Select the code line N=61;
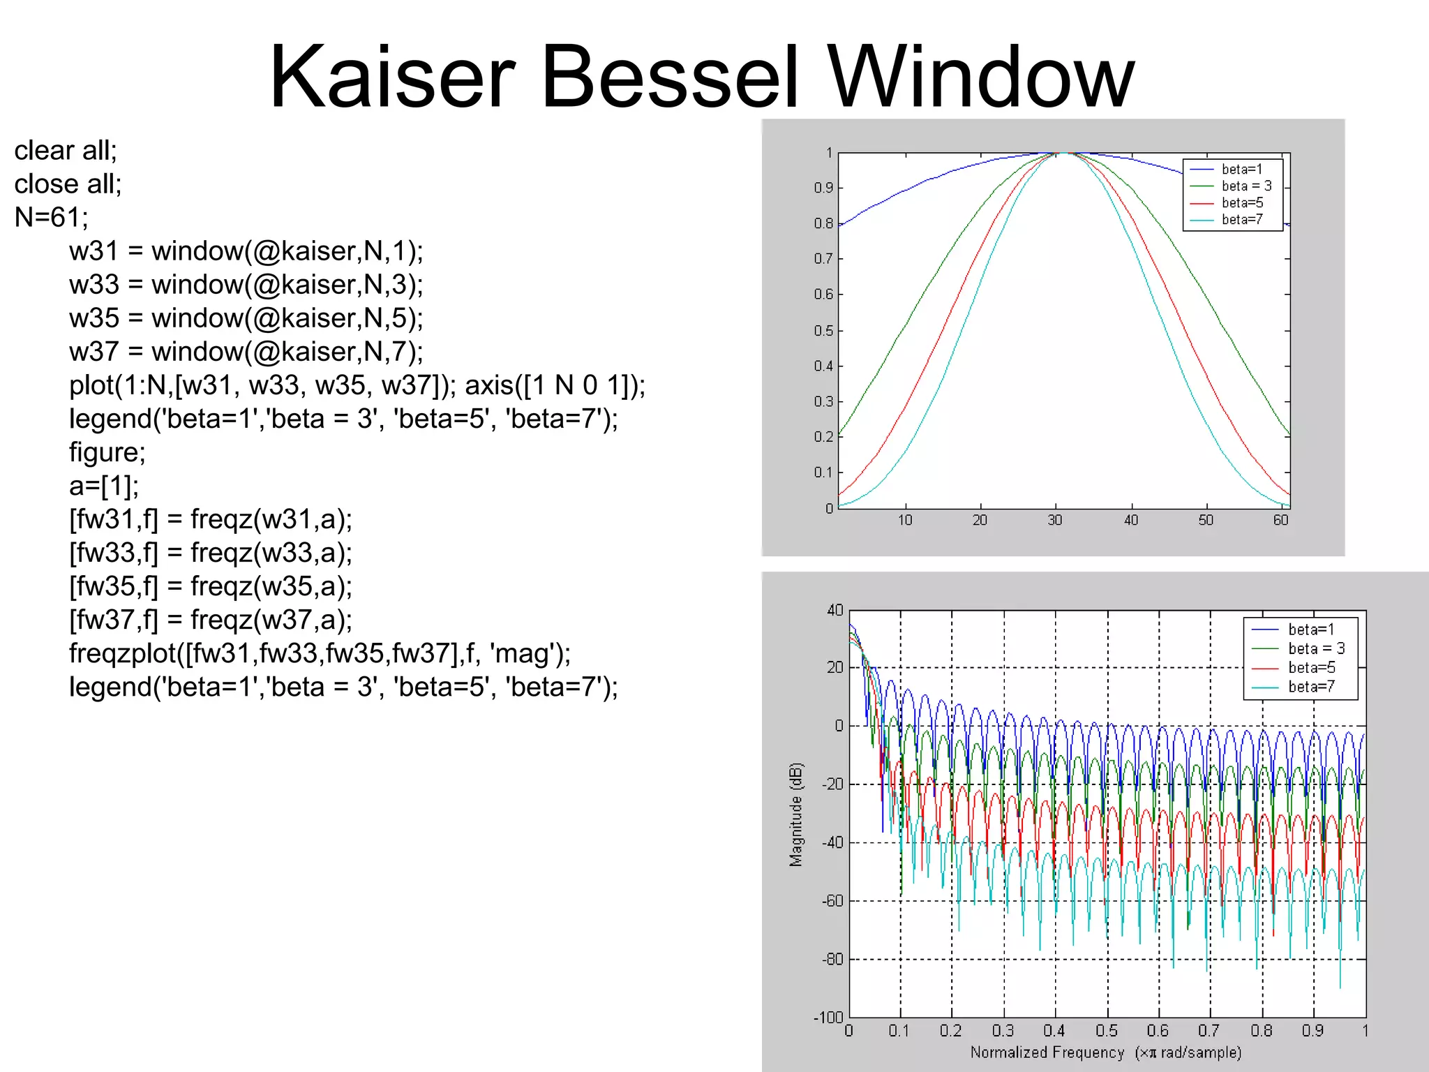tap(52, 218)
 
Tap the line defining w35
tap(246, 318)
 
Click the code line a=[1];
tap(104, 486)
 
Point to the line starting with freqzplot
tap(320, 653)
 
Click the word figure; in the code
tap(107, 452)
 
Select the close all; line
tap(68, 184)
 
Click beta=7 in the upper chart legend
tap(1242, 220)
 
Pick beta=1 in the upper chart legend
tap(1242, 170)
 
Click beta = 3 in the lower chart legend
tap(1316, 648)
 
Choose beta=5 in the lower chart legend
tap(1311, 668)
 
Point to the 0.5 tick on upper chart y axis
tap(823, 331)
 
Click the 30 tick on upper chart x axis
tap(1055, 520)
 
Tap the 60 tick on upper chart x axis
tap(1280, 520)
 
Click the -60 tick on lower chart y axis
tap(832, 901)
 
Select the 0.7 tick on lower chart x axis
tap(1209, 1031)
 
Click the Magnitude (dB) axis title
tap(796, 814)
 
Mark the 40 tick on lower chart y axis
tap(835, 611)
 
